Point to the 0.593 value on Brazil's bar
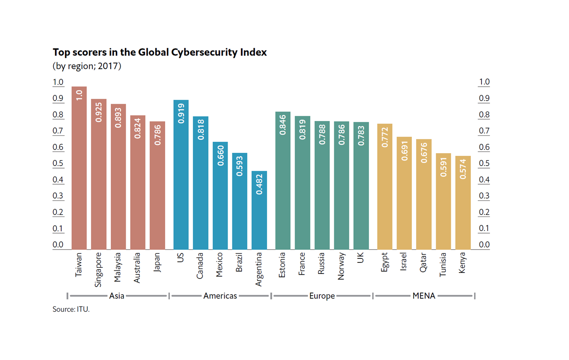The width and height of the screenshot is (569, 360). point(239,166)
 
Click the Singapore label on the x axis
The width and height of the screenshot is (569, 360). point(99,270)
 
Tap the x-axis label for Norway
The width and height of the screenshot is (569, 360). point(341,266)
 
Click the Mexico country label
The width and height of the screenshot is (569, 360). point(220,265)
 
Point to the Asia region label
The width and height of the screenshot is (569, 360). point(117,296)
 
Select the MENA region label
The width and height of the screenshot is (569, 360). point(424,296)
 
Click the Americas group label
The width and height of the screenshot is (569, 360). point(220,296)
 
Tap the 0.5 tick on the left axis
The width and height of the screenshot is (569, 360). point(58,164)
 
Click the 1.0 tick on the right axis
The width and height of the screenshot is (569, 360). point(484,82)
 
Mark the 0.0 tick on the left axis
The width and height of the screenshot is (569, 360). point(58,245)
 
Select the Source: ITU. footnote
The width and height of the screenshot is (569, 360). point(71,309)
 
